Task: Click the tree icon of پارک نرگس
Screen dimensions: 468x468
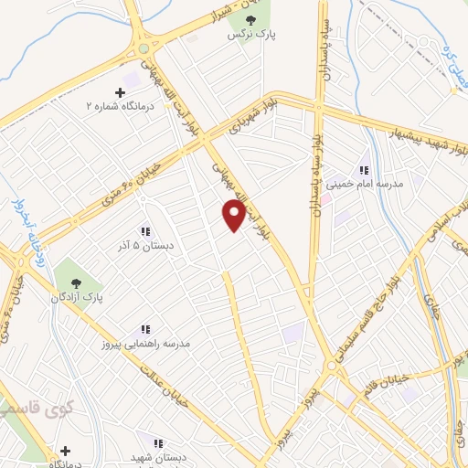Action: coord(250,19)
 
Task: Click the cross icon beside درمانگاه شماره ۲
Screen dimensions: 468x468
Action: coord(120,91)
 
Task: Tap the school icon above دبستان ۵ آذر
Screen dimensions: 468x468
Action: coord(145,231)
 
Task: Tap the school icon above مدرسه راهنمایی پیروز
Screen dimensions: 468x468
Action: coord(144,329)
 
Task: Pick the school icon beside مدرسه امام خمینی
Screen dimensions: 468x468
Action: coord(364,170)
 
